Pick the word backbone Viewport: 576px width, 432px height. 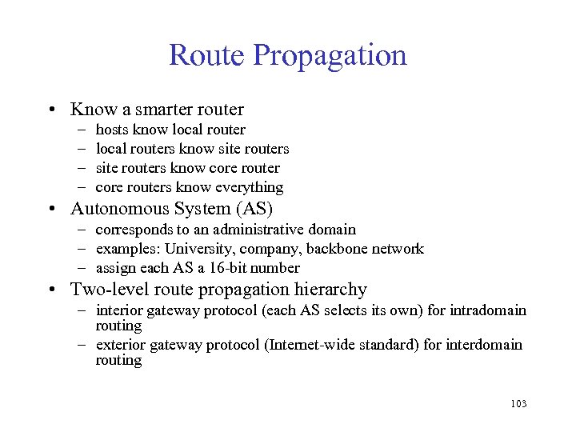tap(341, 249)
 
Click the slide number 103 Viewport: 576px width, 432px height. tap(518, 404)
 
